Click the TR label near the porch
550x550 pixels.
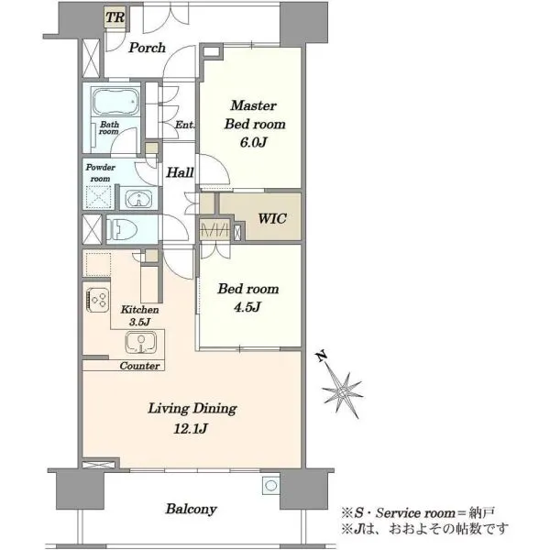[x=115, y=16]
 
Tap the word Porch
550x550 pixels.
[x=147, y=48]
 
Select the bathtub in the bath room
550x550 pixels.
[x=115, y=101]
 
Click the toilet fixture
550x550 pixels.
[x=120, y=229]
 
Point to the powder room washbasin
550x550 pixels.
[x=139, y=199]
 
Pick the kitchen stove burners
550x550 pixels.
[x=97, y=300]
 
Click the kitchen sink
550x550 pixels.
[x=141, y=343]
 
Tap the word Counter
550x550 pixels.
[x=139, y=366]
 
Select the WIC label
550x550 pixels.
[x=272, y=218]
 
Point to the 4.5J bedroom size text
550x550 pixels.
[x=247, y=307]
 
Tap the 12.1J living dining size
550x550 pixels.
[x=192, y=428]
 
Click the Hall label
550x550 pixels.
[x=180, y=172]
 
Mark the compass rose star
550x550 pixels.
[x=342, y=391]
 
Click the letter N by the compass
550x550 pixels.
[x=322, y=357]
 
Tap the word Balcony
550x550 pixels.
[x=192, y=509]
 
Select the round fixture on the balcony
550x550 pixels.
[x=270, y=486]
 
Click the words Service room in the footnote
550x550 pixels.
[x=415, y=513]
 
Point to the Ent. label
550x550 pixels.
[x=185, y=125]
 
